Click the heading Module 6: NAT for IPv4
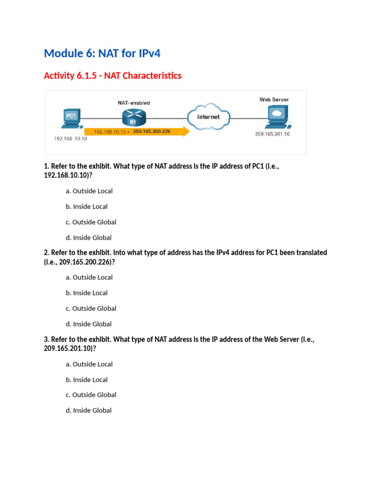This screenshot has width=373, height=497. (x=102, y=53)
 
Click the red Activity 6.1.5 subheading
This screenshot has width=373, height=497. (x=112, y=76)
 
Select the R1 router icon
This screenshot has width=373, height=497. (x=134, y=116)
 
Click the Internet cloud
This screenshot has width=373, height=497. (x=208, y=117)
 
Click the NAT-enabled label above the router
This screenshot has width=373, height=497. (x=134, y=103)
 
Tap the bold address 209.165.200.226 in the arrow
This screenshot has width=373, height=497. (x=152, y=131)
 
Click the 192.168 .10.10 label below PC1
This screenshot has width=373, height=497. (x=70, y=138)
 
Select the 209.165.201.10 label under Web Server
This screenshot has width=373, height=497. (x=272, y=134)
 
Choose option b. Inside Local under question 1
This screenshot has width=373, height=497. (x=86, y=207)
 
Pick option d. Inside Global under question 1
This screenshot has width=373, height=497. (x=88, y=238)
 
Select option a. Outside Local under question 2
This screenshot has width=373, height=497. (x=89, y=278)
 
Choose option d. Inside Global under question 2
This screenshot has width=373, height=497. (x=88, y=324)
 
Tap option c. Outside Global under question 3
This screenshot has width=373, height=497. (x=91, y=395)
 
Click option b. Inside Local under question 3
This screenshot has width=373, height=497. (x=86, y=380)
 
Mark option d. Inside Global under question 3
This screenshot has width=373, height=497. (x=88, y=411)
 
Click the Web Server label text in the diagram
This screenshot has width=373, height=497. (x=274, y=99)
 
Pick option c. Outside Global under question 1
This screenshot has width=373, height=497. (x=91, y=222)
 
